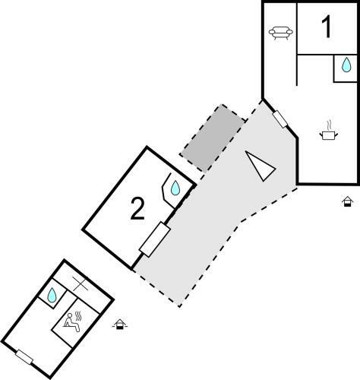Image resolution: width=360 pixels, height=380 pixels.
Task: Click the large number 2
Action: [137, 209]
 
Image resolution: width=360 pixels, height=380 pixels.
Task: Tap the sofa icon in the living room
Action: [281, 33]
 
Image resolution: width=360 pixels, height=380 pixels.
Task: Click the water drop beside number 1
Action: [346, 65]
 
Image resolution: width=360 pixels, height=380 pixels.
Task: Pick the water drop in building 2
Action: [175, 188]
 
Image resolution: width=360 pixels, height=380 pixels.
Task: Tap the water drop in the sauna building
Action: [52, 295]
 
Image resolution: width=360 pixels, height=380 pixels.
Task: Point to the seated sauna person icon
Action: [71, 322]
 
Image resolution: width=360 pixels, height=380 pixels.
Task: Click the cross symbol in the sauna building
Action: [80, 283]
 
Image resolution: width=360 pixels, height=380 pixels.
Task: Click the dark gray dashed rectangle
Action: [212, 138]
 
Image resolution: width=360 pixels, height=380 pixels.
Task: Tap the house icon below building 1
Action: [347, 201]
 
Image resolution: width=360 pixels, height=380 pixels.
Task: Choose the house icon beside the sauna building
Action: [120, 325]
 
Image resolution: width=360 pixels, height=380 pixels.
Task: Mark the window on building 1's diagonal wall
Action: [280, 119]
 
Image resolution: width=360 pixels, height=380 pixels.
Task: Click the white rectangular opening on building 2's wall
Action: [155, 239]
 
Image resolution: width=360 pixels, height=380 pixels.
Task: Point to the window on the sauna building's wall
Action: [24, 357]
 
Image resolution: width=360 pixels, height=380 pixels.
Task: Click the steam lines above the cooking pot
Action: [330, 125]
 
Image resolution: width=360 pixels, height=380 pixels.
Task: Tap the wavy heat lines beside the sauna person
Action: [78, 316]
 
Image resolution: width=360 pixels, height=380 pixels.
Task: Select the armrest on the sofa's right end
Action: [289, 32]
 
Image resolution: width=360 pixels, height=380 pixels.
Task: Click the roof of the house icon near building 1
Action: [347, 199]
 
